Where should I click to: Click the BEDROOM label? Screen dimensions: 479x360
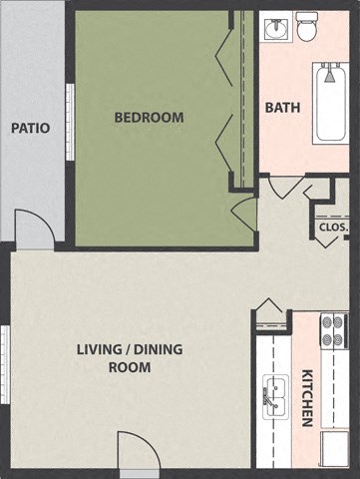click(149, 117)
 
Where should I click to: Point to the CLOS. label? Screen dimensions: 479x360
click(333, 227)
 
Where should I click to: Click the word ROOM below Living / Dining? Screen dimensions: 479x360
click(130, 367)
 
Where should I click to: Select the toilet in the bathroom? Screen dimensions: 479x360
click(307, 29)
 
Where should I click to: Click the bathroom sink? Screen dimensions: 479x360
click(276, 28)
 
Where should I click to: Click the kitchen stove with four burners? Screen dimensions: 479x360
click(333, 331)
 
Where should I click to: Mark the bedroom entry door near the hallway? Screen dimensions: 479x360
click(244, 213)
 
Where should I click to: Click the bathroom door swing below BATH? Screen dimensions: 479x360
click(286, 187)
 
